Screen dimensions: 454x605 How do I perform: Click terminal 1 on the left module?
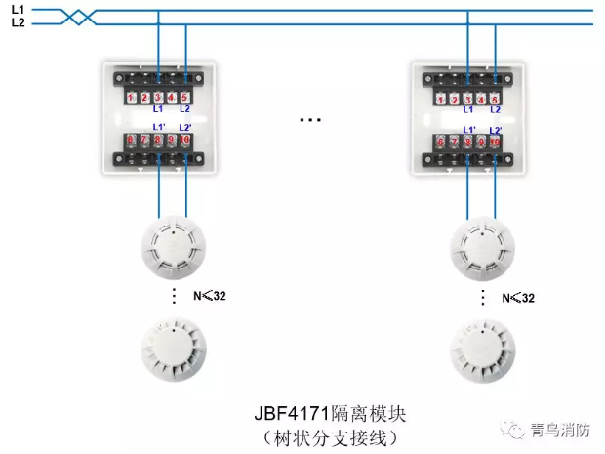131,98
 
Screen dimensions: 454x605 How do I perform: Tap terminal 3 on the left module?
158,98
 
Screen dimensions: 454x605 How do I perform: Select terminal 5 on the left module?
184,98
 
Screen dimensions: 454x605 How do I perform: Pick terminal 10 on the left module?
185,142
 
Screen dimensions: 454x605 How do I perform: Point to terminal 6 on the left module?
131,142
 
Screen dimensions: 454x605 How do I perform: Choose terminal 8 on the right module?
468,143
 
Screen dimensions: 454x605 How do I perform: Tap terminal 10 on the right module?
495,143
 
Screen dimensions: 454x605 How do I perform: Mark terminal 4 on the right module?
481,99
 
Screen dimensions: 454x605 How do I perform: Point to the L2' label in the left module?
185,128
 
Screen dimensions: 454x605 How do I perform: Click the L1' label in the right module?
468,129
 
